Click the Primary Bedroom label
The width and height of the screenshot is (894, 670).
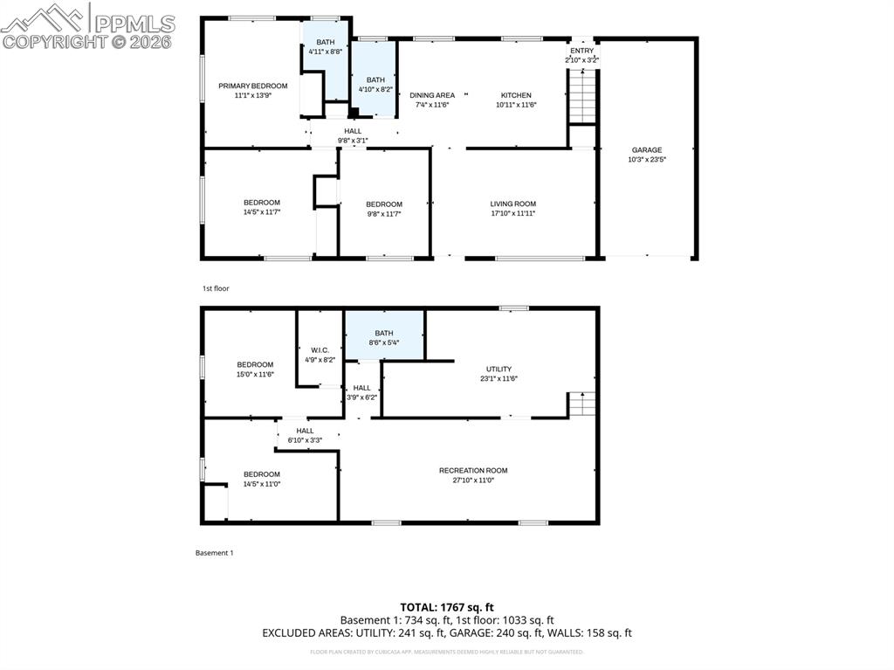click(252, 86)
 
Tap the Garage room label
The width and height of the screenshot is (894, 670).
click(647, 150)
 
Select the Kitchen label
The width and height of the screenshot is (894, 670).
click(515, 95)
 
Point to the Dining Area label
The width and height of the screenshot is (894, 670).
click(432, 95)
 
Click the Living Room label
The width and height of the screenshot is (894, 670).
click(512, 204)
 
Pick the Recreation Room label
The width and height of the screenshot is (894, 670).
click(473, 471)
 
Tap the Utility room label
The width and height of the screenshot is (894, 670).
click(499, 370)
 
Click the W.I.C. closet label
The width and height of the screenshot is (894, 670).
click(320, 350)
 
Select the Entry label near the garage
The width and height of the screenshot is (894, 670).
click(581, 51)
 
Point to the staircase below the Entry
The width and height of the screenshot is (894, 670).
click(581, 96)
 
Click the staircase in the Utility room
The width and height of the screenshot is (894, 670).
click(582, 404)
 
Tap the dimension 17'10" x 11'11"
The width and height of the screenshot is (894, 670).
click(512, 213)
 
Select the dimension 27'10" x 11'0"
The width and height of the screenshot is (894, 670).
click(473, 480)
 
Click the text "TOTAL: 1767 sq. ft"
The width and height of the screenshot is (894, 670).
click(447, 607)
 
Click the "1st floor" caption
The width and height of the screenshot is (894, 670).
click(216, 288)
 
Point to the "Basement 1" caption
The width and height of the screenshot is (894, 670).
click(214, 553)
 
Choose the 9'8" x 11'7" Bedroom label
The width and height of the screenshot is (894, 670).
click(384, 204)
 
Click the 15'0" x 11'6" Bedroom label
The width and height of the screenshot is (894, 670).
click(255, 365)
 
